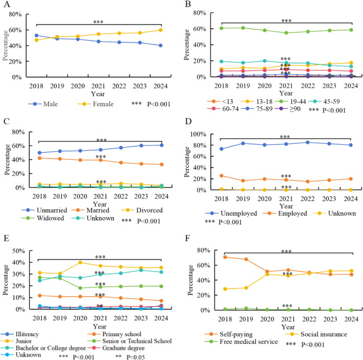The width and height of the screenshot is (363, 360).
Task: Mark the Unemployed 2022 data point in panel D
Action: (x=307, y=143)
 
